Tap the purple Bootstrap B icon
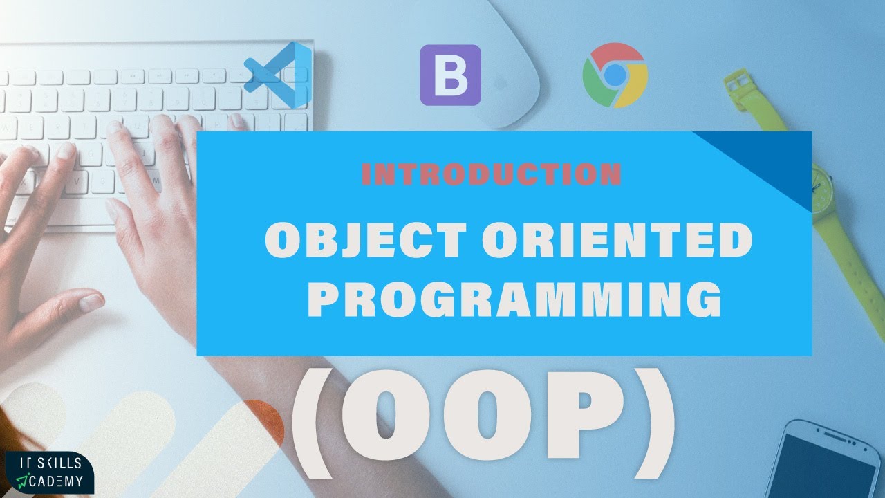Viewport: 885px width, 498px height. click(x=450, y=75)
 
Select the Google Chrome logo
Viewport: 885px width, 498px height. click(x=615, y=75)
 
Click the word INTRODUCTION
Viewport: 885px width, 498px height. click(x=491, y=174)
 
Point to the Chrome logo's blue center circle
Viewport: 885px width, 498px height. click(x=615, y=74)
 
